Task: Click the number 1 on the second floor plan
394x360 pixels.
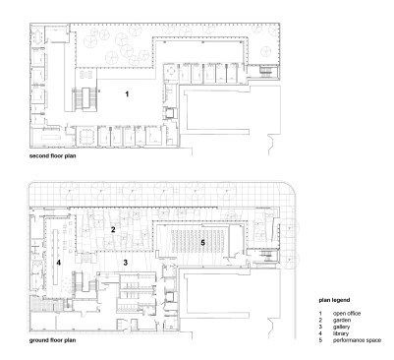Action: click(127, 94)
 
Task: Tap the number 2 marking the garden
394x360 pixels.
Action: click(113, 229)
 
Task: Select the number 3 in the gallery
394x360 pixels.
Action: click(125, 262)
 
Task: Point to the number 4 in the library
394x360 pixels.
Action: click(59, 263)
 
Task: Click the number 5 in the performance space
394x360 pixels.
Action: click(202, 243)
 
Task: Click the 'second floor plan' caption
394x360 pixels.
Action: click(53, 155)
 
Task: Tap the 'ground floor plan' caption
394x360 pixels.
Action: click(53, 340)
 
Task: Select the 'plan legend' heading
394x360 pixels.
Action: click(334, 300)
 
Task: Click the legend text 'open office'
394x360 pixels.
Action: click(347, 314)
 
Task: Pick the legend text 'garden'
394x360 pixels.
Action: click(342, 320)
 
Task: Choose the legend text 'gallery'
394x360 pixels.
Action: click(341, 327)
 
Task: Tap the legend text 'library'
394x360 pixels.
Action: click(341, 333)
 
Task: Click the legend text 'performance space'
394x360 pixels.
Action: click(357, 340)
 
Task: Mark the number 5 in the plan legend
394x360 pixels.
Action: click(320, 340)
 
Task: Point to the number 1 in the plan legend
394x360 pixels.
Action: click(320, 314)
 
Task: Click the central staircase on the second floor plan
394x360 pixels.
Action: click(84, 97)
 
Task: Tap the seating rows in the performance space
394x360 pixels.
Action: click(198, 241)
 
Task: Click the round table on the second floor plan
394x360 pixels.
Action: click(171, 70)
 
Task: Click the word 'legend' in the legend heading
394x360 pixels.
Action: click(341, 300)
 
